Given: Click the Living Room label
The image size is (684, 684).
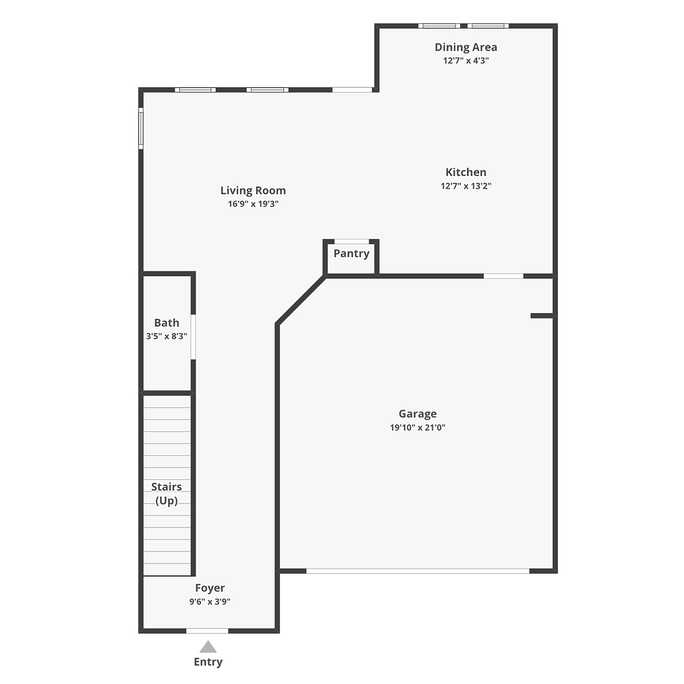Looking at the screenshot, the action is tap(253, 190).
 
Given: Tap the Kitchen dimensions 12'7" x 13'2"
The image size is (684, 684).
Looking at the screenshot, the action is tap(466, 186).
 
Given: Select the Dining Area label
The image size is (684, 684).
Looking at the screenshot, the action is tap(466, 47).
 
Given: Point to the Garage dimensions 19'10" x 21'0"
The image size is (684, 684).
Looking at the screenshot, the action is tap(417, 427).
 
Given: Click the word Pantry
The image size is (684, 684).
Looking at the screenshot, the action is tap(352, 254).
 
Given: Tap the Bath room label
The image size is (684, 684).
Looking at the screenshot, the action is tap(166, 323).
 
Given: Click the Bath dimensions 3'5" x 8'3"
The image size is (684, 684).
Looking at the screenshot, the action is tap(166, 336).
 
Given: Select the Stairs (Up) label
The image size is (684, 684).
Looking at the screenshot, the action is tap(166, 494).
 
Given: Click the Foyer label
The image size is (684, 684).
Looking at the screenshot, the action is tap(210, 588).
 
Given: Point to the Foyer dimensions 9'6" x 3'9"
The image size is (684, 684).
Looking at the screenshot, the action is tap(210, 601).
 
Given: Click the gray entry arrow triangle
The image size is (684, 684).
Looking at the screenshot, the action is tap(208, 647).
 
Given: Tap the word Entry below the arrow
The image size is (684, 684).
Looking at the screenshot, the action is tap(208, 662).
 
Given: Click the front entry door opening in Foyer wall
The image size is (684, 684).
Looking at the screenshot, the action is tap(207, 631).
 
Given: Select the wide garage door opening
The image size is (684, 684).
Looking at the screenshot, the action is tap(418, 571).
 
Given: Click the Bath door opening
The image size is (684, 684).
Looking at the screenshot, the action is tap(193, 337).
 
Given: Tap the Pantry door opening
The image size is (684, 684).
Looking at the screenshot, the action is tap(352, 241).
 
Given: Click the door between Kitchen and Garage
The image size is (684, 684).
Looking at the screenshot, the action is tap(504, 276).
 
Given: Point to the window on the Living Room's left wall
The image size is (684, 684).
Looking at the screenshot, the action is tap(141, 128).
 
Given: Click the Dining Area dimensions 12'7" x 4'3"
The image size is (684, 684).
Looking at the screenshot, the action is tap(466, 60).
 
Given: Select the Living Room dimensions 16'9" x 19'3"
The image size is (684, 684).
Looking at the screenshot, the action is tap(253, 204).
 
